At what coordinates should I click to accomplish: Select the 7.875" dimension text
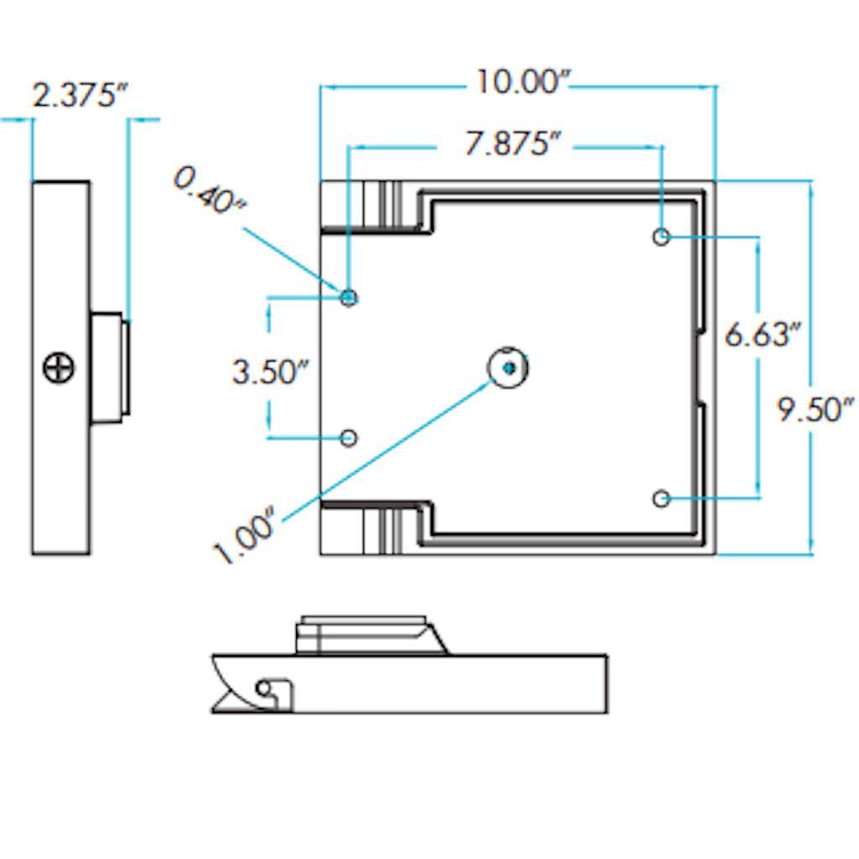[x=513, y=144]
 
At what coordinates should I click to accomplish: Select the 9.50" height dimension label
[x=815, y=410]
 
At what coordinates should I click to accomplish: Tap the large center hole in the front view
[x=508, y=367]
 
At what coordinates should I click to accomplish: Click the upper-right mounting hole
[x=662, y=237]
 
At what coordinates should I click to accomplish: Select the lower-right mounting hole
[x=662, y=499]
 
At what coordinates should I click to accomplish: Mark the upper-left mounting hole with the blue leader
[x=349, y=297]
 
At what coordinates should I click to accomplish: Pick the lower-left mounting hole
[x=349, y=438]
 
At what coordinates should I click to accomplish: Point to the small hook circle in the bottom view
[x=264, y=688]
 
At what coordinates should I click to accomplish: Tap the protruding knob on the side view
[x=109, y=367]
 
